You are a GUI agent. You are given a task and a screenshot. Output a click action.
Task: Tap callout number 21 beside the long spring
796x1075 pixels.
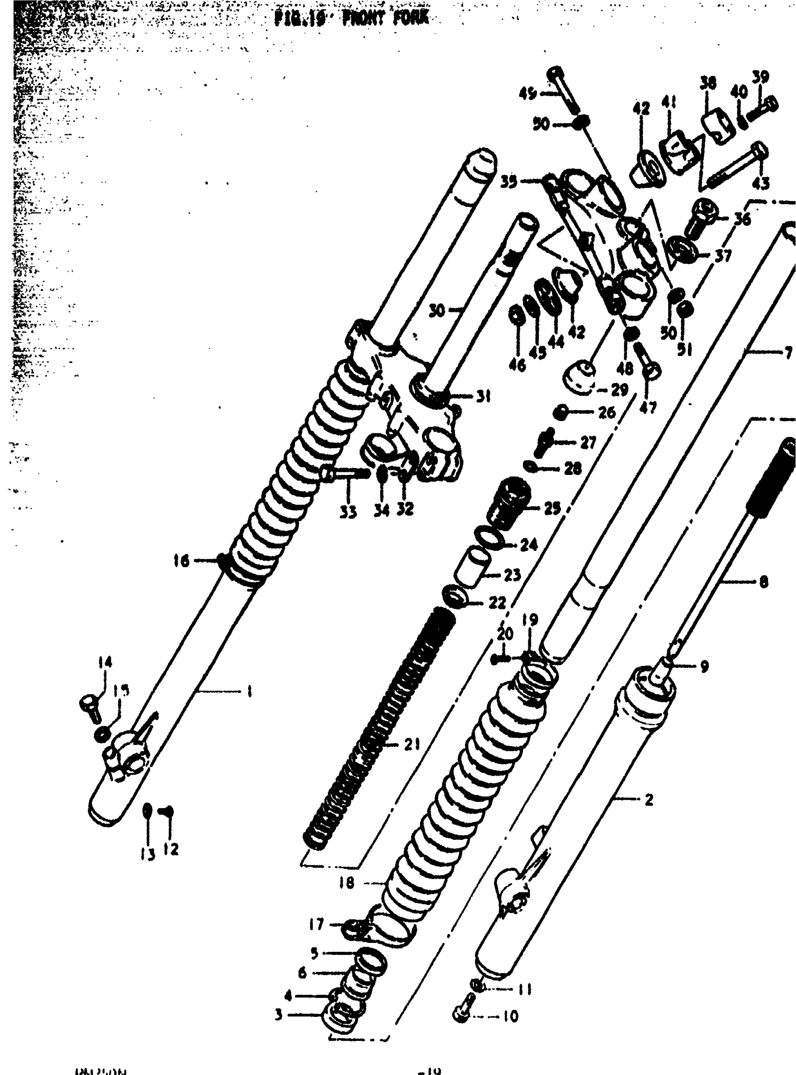pyautogui.click(x=412, y=745)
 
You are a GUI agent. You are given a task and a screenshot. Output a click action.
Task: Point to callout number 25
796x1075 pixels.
pyautogui.click(x=552, y=508)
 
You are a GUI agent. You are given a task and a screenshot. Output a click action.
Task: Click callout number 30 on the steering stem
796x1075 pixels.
pyautogui.click(x=437, y=311)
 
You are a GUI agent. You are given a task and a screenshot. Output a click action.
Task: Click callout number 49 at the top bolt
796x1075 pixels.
pyautogui.click(x=527, y=93)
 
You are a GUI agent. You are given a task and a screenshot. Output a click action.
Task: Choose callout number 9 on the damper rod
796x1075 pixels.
pyautogui.click(x=704, y=667)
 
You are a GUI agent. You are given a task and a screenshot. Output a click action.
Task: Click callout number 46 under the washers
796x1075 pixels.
pyautogui.click(x=517, y=365)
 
